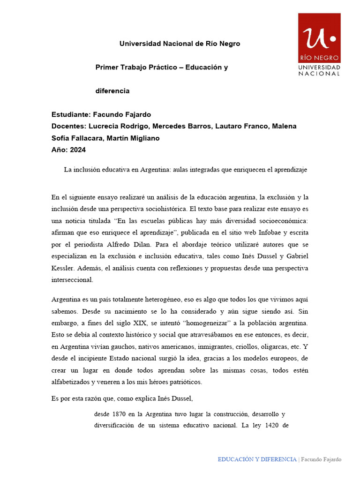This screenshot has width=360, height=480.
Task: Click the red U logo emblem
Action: point(319,38)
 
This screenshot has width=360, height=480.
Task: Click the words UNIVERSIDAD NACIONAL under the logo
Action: point(319,71)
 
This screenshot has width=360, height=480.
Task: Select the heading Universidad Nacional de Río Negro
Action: point(180,44)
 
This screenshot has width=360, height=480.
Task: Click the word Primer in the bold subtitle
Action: point(106,67)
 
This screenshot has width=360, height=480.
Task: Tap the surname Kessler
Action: point(62,268)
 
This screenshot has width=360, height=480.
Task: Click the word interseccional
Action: point(73,280)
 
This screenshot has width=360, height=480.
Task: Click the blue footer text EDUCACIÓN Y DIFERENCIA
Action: point(257,459)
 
